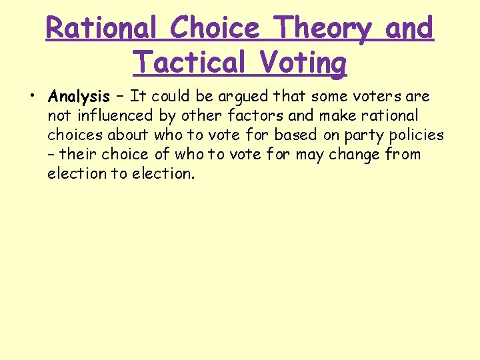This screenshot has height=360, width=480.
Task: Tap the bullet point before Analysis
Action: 32,97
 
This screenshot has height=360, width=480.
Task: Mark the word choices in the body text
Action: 73,135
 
